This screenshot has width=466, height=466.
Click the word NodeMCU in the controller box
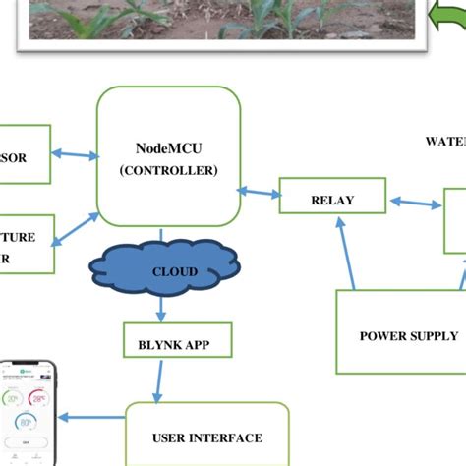(x=167, y=149)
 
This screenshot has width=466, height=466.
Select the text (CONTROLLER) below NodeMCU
(x=168, y=169)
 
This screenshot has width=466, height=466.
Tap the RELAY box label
(x=331, y=201)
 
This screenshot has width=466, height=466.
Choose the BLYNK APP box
(x=178, y=345)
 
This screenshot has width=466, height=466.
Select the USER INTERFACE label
(x=207, y=438)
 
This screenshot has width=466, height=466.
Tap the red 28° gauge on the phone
(x=39, y=398)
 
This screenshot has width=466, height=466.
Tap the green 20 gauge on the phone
(x=13, y=399)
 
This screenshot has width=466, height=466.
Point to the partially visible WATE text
(x=444, y=141)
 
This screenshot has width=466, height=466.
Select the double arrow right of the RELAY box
(x=415, y=204)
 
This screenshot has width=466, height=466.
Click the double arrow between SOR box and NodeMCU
(x=75, y=154)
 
